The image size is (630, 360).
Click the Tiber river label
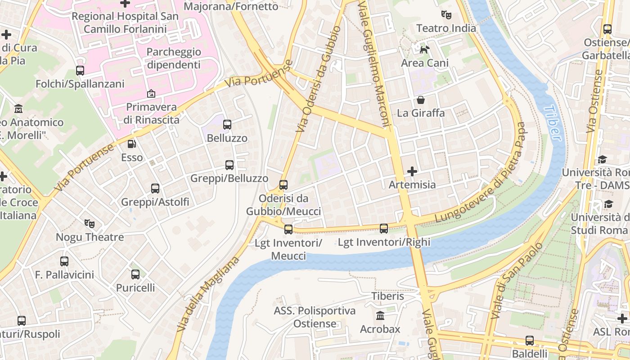click(x=553, y=122)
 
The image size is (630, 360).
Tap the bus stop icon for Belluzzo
click(x=227, y=125)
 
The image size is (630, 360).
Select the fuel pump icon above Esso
click(x=132, y=144)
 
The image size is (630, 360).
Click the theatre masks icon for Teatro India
click(x=446, y=15)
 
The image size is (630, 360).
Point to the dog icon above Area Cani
click(x=424, y=49)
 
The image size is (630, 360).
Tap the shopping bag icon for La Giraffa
click(x=421, y=99)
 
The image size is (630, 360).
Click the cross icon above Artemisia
click(x=412, y=171)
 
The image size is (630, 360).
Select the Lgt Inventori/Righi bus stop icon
click(x=384, y=229)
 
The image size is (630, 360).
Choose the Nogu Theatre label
click(x=90, y=237)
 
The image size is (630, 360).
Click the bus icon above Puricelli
click(x=135, y=274)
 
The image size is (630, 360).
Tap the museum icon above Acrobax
click(x=380, y=315)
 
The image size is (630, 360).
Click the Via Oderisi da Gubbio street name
click(x=318, y=79)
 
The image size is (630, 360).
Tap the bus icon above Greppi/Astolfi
click(x=155, y=189)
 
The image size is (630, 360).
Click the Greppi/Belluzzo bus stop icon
click(x=229, y=165)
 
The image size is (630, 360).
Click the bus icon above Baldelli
click(x=530, y=341)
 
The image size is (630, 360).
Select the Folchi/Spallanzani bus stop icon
click(x=80, y=71)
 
